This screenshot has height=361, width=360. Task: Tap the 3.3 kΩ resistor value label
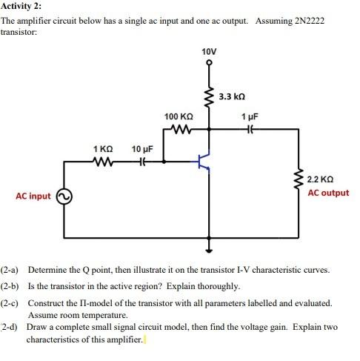point(233,96)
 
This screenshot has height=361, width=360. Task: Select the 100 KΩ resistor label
point(179,117)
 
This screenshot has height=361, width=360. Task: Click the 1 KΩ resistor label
point(104,149)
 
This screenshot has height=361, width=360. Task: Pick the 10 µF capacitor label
point(142,149)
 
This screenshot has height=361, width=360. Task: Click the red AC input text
point(33,196)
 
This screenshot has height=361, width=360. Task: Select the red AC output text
point(328,193)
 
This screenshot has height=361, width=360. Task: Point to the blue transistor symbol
point(202,163)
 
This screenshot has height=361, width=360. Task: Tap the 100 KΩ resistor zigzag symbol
point(179,129)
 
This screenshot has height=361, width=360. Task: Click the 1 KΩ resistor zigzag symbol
point(102,161)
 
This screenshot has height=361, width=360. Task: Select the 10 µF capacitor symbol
point(141,161)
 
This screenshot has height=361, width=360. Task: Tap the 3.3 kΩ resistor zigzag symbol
point(209,97)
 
